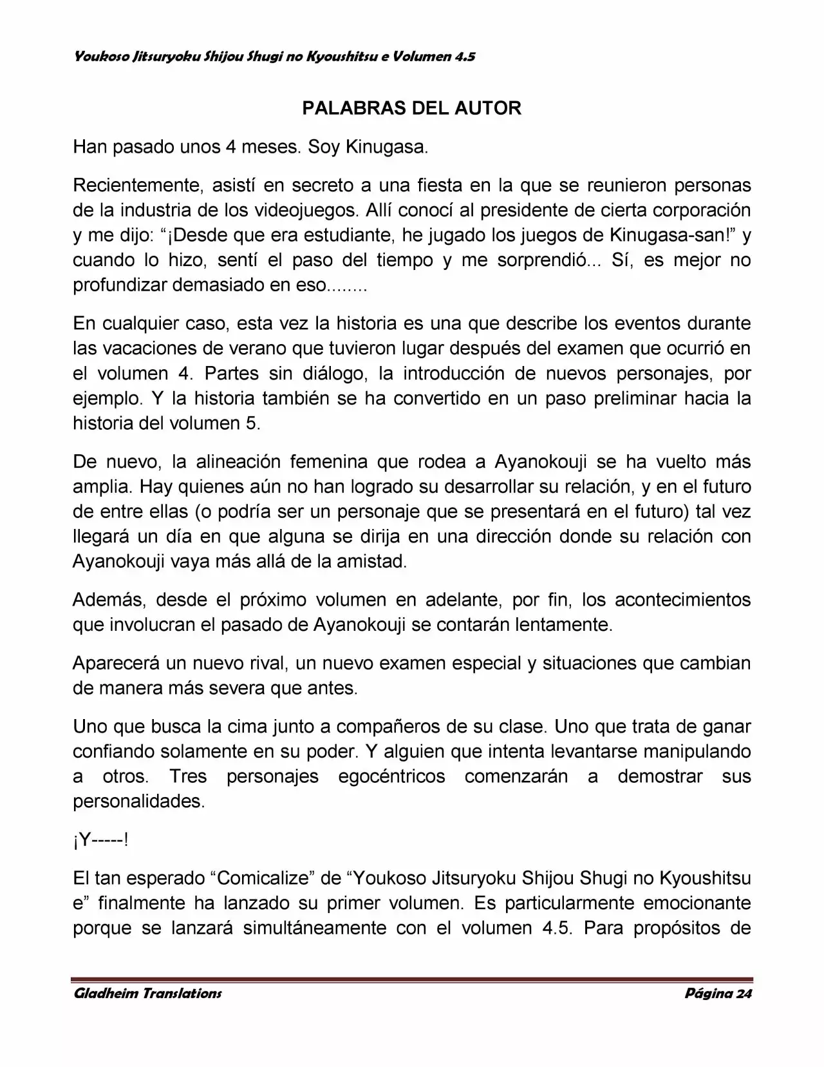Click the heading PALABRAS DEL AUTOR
(x=411, y=108)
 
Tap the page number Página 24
(x=718, y=993)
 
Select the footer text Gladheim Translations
(x=147, y=993)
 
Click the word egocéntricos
(x=391, y=776)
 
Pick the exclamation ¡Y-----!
(x=100, y=840)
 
